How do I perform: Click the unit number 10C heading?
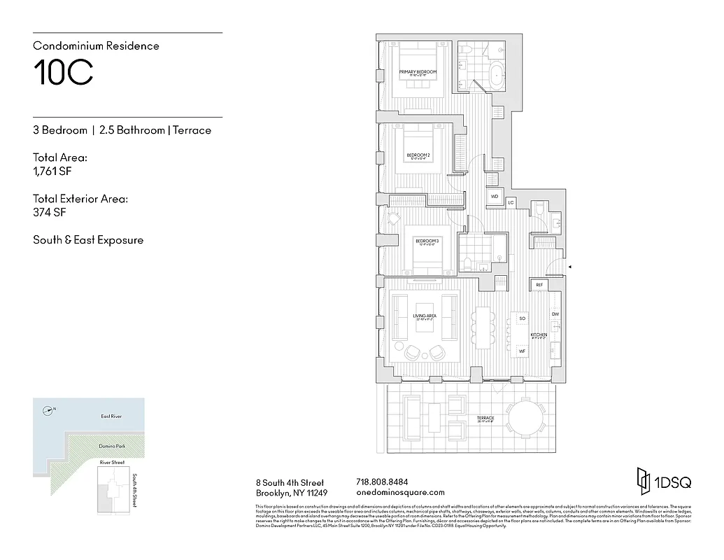[63, 73]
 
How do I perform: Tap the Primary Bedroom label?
[418, 73]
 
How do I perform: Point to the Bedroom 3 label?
[427, 241]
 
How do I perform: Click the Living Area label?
[425, 316]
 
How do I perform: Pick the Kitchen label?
[538, 335]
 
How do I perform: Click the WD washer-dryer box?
[494, 197]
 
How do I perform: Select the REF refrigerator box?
[539, 285]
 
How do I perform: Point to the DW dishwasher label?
[555, 314]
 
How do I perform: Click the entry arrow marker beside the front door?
[570, 267]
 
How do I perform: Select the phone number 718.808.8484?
[382, 482]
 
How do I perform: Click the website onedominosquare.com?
[400, 493]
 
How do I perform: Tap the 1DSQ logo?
[659, 482]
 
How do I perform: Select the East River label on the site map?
[111, 416]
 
